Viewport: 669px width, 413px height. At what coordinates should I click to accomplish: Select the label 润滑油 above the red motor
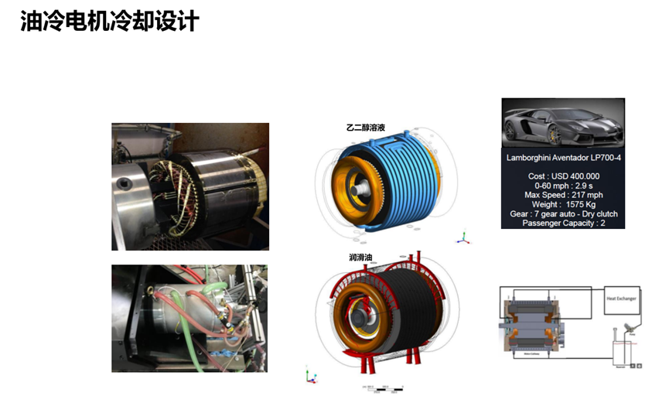pyautogui.click(x=362, y=257)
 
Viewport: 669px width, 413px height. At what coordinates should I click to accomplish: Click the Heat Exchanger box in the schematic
pyautogui.click(x=621, y=298)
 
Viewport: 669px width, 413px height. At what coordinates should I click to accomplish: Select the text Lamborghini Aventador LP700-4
pyautogui.click(x=562, y=159)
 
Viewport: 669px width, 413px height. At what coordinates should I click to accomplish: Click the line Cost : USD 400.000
pyautogui.click(x=562, y=176)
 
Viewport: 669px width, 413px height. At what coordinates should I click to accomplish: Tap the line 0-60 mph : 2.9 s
pyautogui.click(x=562, y=186)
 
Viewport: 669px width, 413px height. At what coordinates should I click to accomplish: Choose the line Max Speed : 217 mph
pyautogui.click(x=562, y=195)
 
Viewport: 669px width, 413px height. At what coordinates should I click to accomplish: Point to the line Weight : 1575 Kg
pyautogui.click(x=562, y=204)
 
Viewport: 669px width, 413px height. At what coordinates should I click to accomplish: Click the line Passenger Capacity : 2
pyautogui.click(x=562, y=224)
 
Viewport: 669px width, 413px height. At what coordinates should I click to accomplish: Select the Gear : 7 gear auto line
pyautogui.click(x=562, y=214)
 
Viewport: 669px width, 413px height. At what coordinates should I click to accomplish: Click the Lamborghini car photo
pyautogui.click(x=562, y=124)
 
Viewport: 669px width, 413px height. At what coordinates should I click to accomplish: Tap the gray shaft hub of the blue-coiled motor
pyautogui.click(x=361, y=188)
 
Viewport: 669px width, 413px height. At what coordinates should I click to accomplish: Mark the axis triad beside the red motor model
pyautogui.click(x=311, y=376)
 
